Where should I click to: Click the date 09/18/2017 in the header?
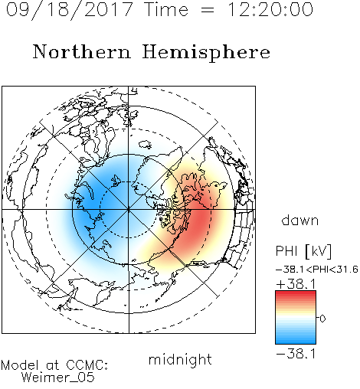70,10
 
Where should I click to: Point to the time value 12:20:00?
270,9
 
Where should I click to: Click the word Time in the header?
166,9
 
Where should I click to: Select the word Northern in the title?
82,51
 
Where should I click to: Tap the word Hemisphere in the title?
206,53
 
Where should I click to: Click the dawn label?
300,220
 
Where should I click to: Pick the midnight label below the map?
180,359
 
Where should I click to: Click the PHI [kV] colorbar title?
303,251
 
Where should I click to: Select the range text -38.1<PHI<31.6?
317,270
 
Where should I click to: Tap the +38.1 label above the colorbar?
296,284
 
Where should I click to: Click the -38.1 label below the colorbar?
296,354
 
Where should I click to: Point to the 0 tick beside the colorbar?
322,319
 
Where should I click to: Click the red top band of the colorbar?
296,294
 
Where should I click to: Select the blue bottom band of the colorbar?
296,340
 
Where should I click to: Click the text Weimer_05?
58,378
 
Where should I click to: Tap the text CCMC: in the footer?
87,365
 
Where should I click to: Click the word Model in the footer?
20,365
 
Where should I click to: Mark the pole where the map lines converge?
129,210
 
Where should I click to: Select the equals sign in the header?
208,10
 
